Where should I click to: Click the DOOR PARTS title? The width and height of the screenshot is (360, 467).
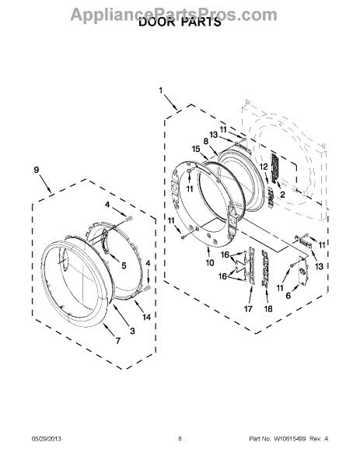[x=180, y=22]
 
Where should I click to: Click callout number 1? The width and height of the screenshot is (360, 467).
[x=161, y=90]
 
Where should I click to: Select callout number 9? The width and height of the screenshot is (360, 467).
[x=37, y=170]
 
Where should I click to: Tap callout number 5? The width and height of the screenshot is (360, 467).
[x=124, y=265]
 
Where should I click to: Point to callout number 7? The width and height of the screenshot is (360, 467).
[x=118, y=340]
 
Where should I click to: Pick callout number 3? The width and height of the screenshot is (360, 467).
[x=132, y=330]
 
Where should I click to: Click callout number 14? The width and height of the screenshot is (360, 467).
[x=146, y=318]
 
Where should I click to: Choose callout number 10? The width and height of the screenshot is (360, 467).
[x=210, y=262]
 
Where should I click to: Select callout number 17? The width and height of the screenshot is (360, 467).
[x=248, y=309]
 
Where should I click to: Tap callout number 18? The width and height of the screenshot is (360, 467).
[x=268, y=309]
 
